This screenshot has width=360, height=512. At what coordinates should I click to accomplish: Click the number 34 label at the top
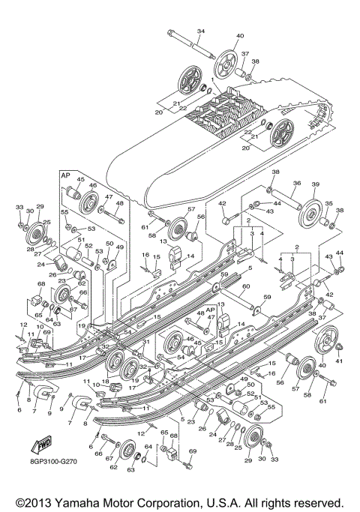click(200, 31)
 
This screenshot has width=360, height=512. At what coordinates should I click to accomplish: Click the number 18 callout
click(106, 382)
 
